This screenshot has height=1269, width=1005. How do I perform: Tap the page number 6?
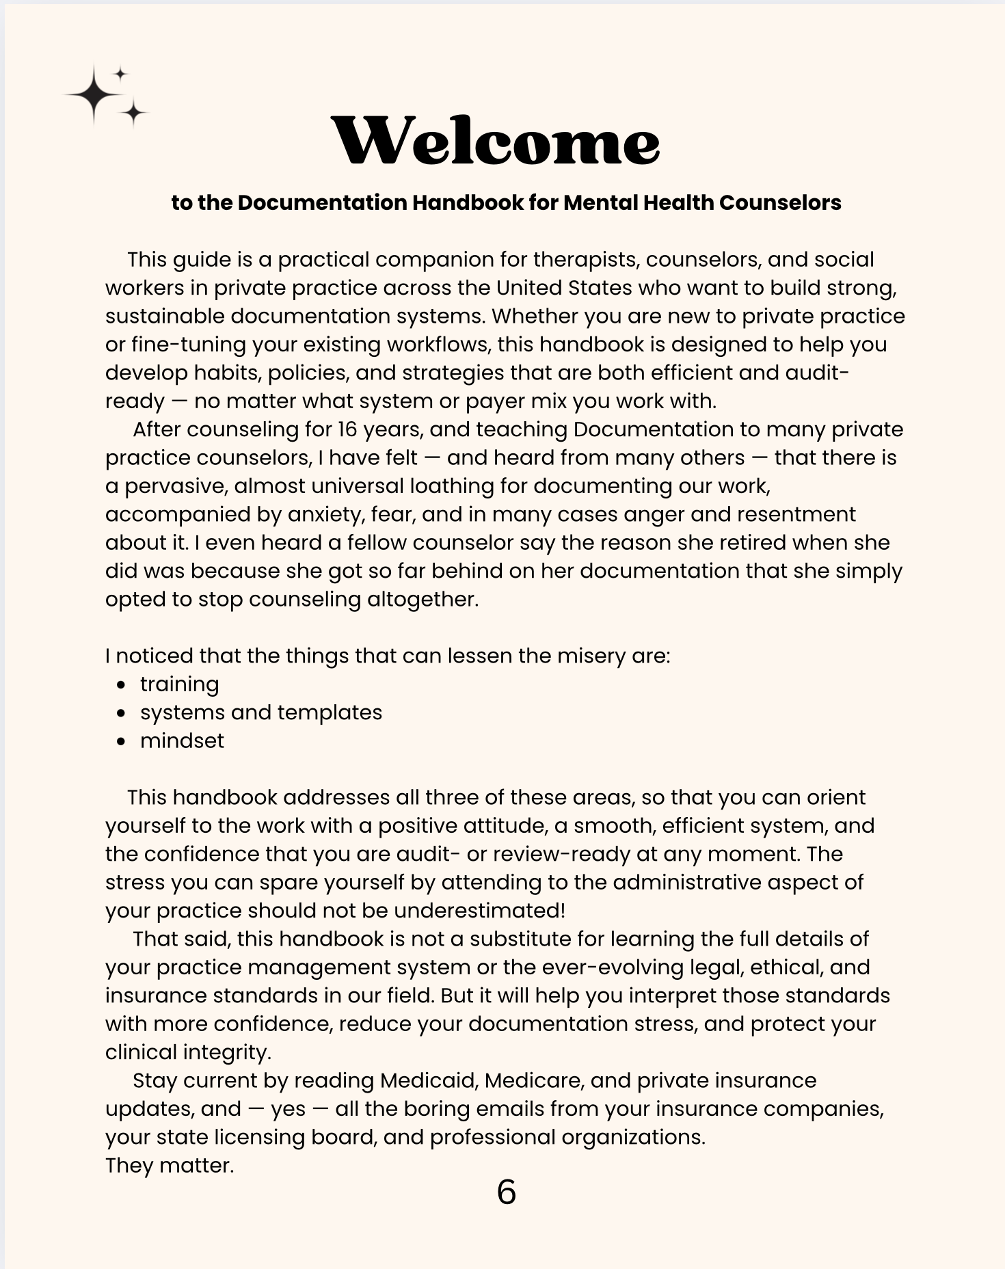506,1192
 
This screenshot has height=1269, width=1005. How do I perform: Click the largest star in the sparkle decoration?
94,96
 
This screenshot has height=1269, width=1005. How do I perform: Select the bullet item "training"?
179,684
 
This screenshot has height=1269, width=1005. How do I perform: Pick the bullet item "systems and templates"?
260,712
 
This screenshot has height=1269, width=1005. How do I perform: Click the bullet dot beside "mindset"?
121,741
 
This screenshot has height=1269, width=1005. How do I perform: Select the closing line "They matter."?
170,1165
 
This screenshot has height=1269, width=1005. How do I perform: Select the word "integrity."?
226,1052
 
